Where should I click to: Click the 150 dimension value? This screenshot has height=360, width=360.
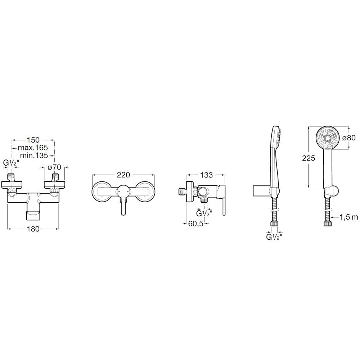pos(33,140)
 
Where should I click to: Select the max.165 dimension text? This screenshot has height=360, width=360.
pos(33,147)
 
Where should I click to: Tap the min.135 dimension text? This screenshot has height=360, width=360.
pos(34,156)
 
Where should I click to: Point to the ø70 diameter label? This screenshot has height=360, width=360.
pos(54,167)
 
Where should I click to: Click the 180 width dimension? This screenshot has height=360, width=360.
pos(33,229)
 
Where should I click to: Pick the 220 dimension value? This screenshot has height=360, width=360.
pos(123,175)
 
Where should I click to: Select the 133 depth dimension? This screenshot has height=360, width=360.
pos(206,175)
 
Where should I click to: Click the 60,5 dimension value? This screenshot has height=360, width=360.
pos(196,224)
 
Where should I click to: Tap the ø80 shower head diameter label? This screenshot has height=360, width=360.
pos(349,138)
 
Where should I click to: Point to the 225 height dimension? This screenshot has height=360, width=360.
pos(309,158)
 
